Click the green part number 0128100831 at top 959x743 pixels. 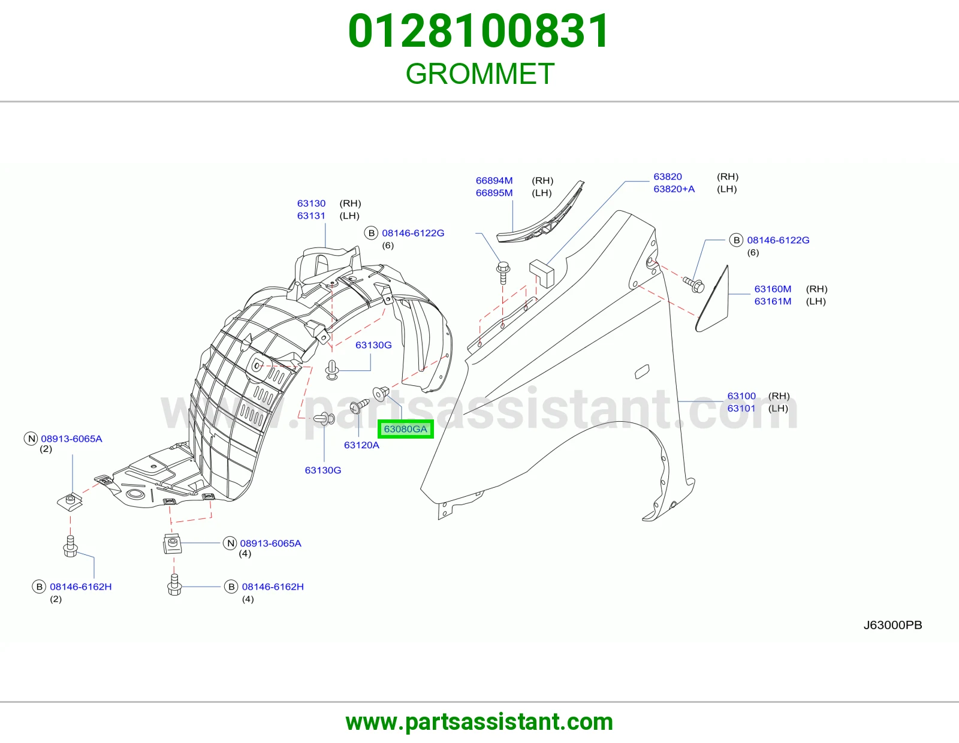479,31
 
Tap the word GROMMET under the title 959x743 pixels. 479,74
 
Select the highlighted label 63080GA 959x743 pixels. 406,429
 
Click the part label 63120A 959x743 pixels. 361,445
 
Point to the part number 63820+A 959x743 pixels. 674,189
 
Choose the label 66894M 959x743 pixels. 494,180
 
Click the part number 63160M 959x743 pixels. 773,289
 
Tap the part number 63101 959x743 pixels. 741,408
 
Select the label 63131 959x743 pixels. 311,216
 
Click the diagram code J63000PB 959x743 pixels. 892,625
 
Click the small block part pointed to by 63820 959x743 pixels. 541,273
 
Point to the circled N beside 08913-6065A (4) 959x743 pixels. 230,543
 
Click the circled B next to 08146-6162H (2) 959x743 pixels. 39,587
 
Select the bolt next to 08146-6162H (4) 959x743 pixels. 174,584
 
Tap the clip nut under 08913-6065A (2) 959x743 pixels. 70,502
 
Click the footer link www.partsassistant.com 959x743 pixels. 479,722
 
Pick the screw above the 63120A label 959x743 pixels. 360,406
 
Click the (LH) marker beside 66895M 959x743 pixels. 542,193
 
